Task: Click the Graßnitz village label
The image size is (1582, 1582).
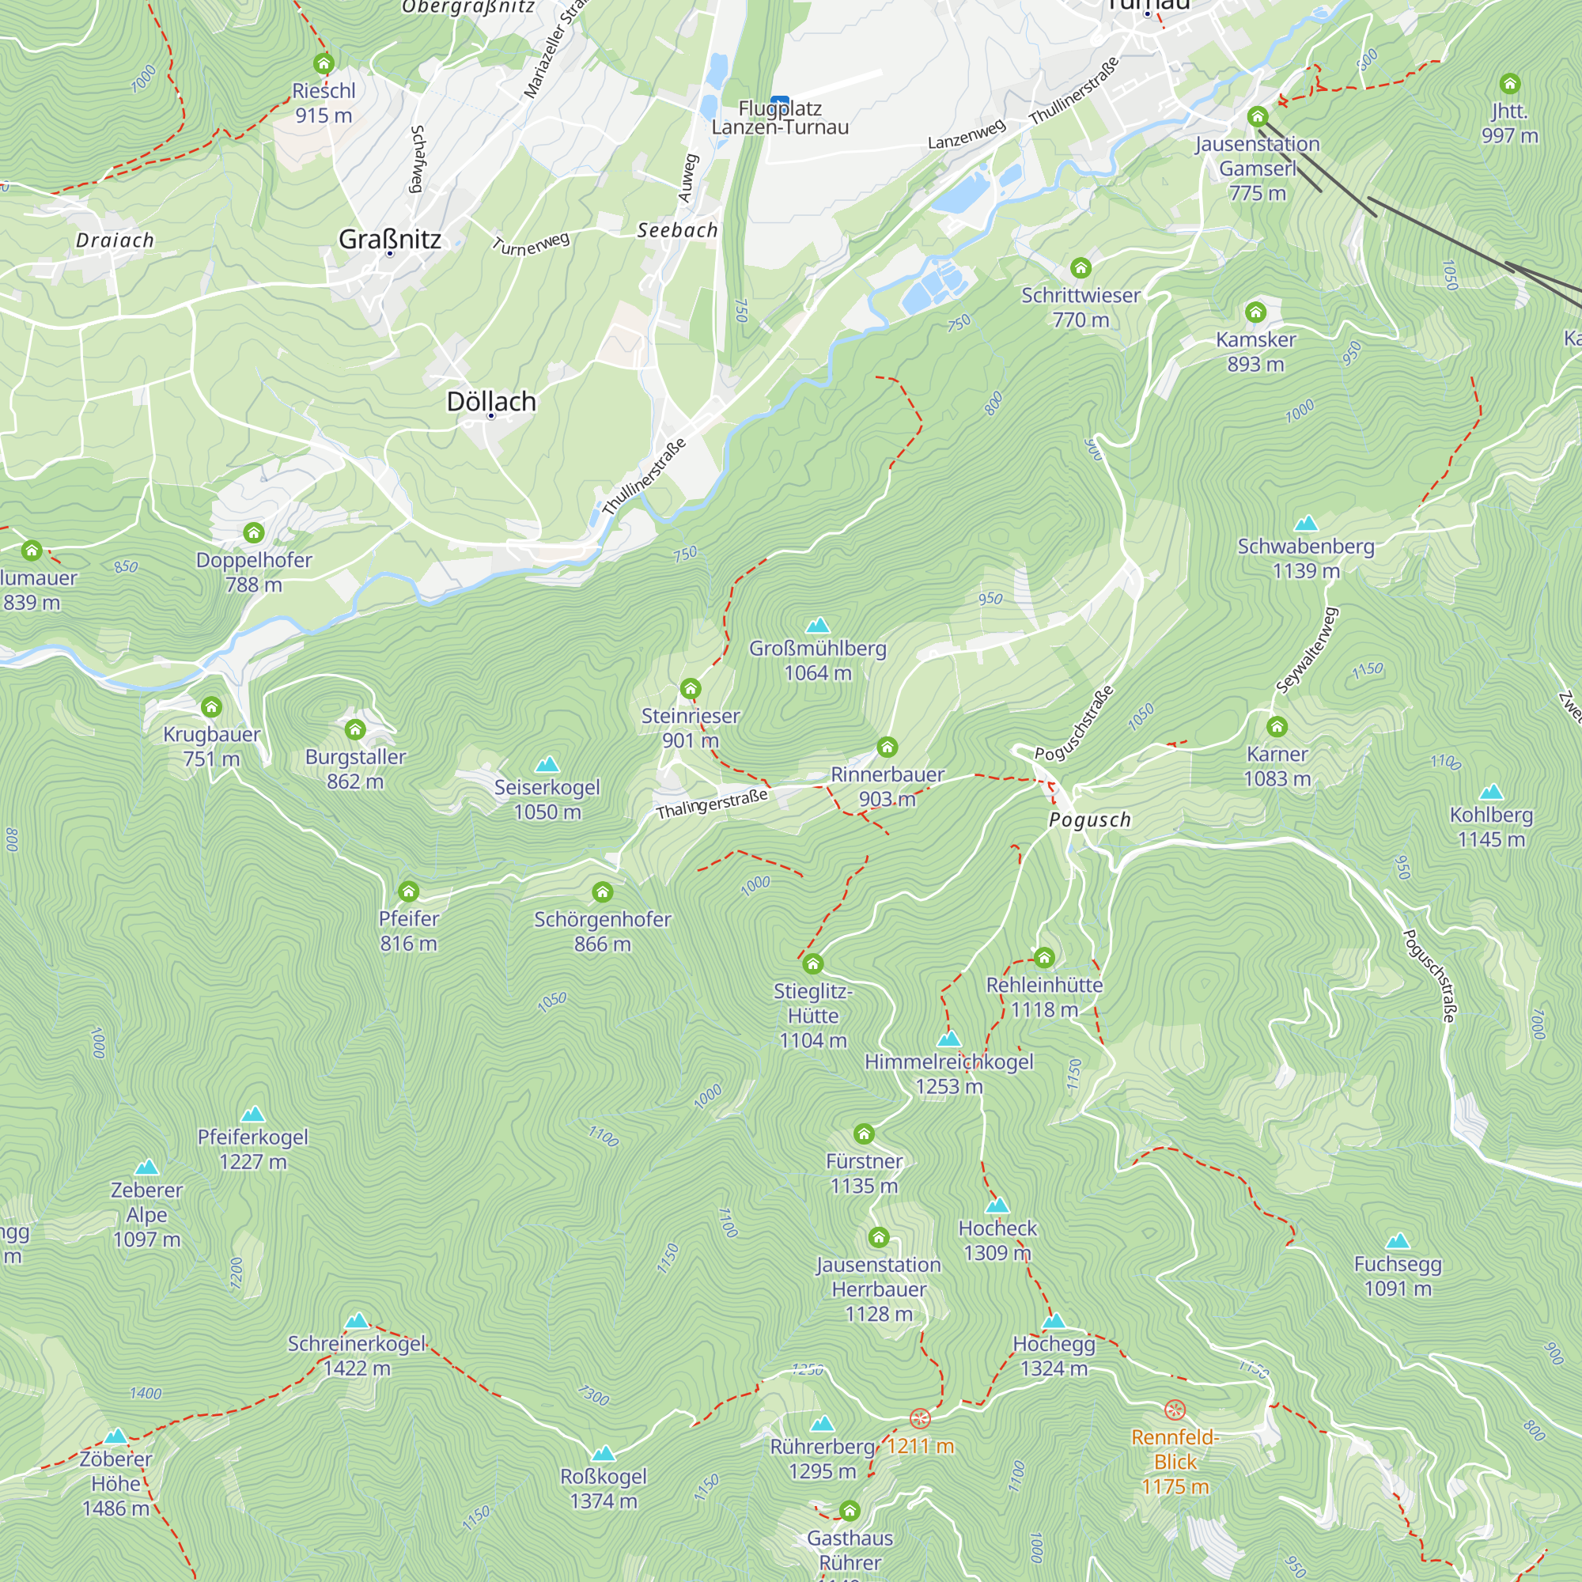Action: (390, 239)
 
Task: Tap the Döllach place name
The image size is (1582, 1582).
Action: (491, 401)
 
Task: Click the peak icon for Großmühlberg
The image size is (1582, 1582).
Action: (817, 626)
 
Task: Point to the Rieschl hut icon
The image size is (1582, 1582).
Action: (324, 63)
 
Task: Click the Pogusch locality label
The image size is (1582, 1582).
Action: (1090, 819)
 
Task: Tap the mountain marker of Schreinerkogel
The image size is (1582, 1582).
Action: (357, 1320)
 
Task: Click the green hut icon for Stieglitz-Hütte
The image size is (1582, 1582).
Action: (812, 963)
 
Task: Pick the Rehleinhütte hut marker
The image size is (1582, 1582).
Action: (1044, 956)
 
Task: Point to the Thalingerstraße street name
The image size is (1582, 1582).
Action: (712, 804)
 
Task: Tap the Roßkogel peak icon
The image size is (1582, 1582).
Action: (604, 1452)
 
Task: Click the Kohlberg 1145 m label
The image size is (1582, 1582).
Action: (1491, 827)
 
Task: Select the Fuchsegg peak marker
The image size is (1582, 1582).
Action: (1398, 1240)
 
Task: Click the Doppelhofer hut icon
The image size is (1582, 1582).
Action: (254, 533)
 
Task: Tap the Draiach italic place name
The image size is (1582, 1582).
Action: (115, 240)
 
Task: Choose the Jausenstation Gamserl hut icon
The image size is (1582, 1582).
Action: (1258, 116)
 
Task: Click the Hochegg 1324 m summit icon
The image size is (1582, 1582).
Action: (1054, 1320)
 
